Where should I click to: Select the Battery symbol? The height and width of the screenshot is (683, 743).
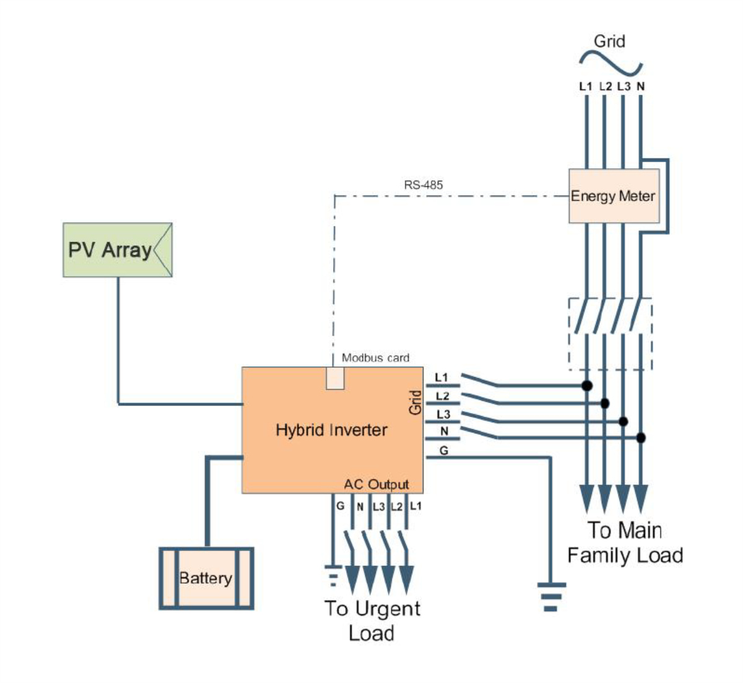pyautogui.click(x=206, y=578)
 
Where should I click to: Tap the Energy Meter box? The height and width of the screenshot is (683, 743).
pyautogui.click(x=614, y=196)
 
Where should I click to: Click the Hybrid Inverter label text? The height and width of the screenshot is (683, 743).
pyautogui.click(x=331, y=430)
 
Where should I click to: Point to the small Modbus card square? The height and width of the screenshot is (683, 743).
pyautogui.click(x=335, y=378)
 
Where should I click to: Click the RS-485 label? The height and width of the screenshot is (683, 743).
pyautogui.click(x=424, y=185)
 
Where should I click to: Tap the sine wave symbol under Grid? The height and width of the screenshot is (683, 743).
pyautogui.click(x=610, y=62)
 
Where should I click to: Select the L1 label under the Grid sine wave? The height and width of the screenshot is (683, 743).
pyautogui.click(x=586, y=87)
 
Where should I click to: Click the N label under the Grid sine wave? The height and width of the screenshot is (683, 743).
pyautogui.click(x=641, y=87)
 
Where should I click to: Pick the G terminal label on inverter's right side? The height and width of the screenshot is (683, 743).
pyautogui.click(x=443, y=451)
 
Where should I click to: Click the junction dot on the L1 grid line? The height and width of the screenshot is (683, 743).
pyautogui.click(x=587, y=386)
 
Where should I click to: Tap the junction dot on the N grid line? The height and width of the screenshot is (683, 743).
pyautogui.click(x=641, y=438)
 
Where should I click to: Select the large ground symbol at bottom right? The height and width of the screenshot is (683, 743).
pyautogui.click(x=551, y=596)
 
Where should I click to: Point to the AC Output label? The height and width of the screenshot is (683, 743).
pyautogui.click(x=376, y=484)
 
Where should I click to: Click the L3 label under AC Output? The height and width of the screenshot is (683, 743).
pyautogui.click(x=378, y=507)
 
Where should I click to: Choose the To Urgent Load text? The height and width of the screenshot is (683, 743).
pyautogui.click(x=371, y=620)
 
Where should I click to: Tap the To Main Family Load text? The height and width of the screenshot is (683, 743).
pyautogui.click(x=625, y=542)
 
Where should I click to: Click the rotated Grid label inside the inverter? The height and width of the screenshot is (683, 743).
pyautogui.click(x=415, y=402)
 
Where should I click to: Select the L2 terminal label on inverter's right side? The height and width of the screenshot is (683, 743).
pyautogui.click(x=443, y=396)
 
